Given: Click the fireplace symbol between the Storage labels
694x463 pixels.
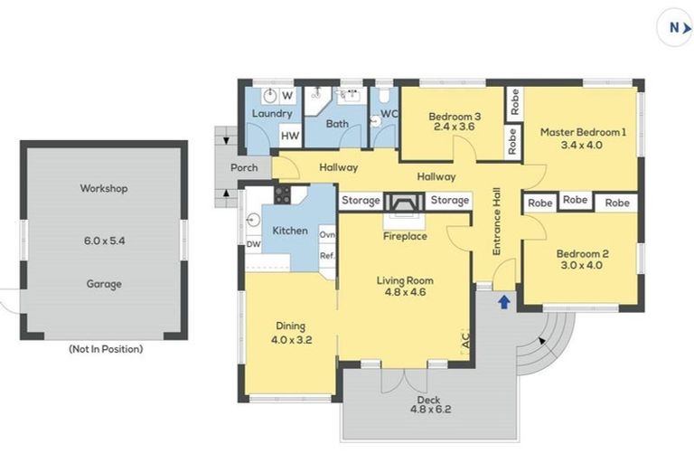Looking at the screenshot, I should (404, 202).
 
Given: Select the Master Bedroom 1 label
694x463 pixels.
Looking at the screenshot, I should (582, 132).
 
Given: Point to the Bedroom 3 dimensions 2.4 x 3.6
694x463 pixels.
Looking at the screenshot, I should (454, 127).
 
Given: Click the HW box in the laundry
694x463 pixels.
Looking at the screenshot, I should (290, 136).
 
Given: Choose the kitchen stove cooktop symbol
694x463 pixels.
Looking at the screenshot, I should (281, 195).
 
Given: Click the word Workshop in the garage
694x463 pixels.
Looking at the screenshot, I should (103, 189).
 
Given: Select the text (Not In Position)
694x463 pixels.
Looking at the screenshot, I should (105, 348).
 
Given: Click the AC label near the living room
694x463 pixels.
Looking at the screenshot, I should (465, 343).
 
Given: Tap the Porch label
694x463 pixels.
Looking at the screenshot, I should (244, 167).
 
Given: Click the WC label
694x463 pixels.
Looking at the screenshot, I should (389, 114).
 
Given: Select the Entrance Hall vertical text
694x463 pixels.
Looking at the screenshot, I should (496, 222).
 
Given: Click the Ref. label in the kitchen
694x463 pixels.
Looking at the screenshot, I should (327, 256).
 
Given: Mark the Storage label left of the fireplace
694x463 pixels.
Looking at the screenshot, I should (360, 200).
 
